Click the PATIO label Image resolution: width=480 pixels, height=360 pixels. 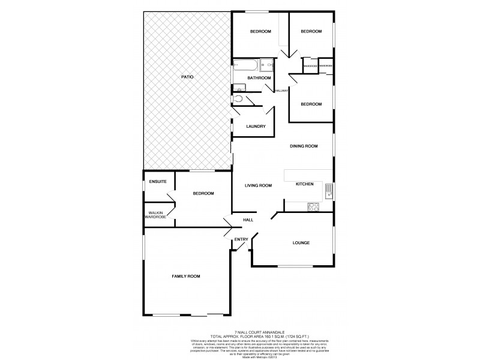pyautogui.click(x=187, y=77)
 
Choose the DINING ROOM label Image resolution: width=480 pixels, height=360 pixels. pyautogui.click(x=303, y=146)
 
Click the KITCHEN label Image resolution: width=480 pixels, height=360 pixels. pyautogui.click(x=304, y=184)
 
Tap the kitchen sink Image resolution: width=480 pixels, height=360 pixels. pyautogui.click(x=328, y=191)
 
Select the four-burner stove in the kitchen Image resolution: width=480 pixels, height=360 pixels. pyautogui.click(x=313, y=207)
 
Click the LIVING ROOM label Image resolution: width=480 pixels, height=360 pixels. pyautogui.click(x=259, y=185)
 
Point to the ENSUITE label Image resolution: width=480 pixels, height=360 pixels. pyautogui.click(x=158, y=181)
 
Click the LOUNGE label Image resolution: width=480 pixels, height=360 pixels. pyautogui.click(x=301, y=242)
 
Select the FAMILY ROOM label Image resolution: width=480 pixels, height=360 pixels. pyautogui.click(x=186, y=276)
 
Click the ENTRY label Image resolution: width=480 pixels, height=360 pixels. pyautogui.click(x=241, y=240)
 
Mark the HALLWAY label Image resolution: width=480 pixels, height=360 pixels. pyautogui.click(x=281, y=91)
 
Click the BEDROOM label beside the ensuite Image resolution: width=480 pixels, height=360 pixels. pyautogui.click(x=203, y=193)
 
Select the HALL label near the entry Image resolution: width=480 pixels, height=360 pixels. pyautogui.click(x=248, y=220)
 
